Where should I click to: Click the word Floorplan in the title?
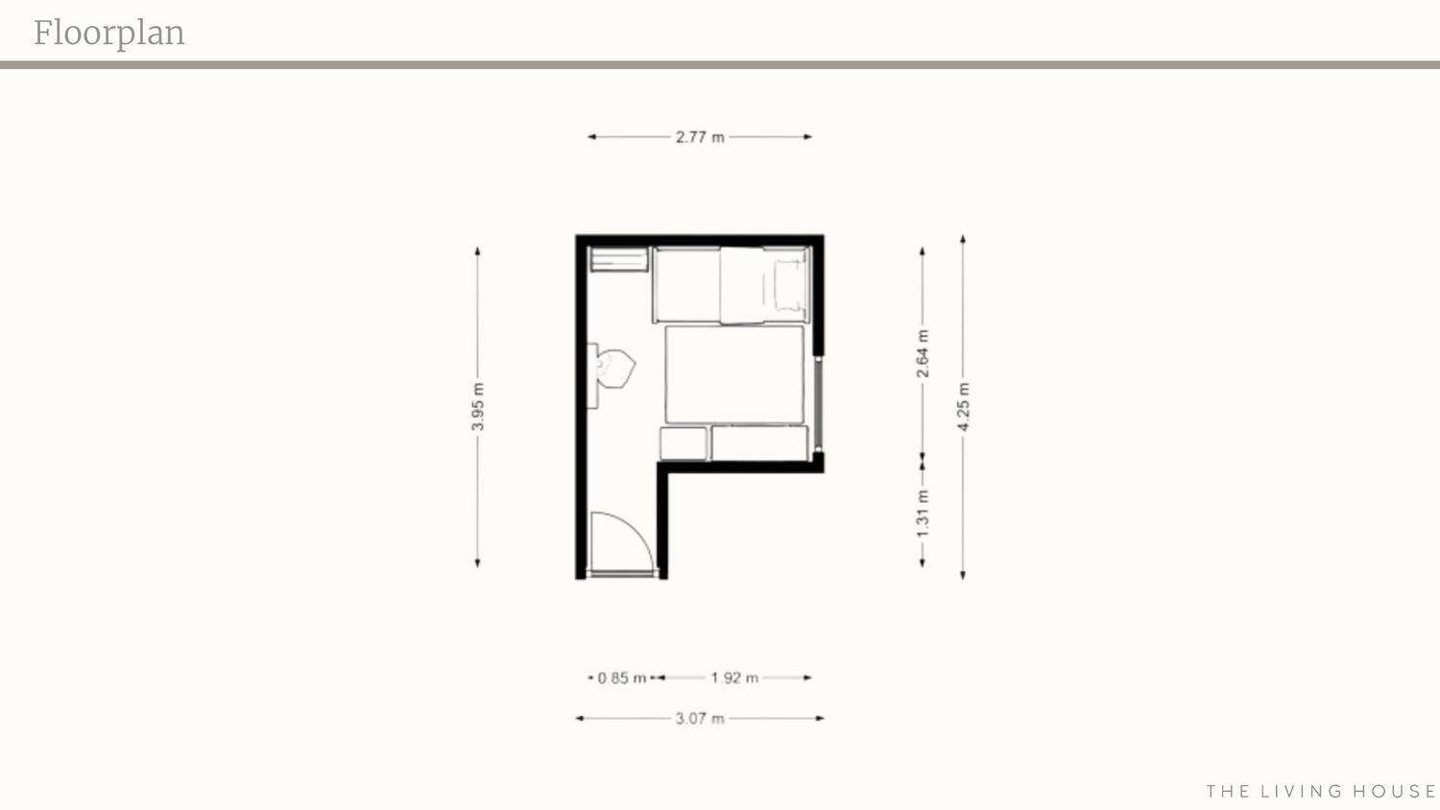pos(109,34)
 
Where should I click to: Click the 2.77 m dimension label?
pos(700,137)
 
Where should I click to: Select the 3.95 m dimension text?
pos(478,407)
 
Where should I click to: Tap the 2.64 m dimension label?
pos(923,353)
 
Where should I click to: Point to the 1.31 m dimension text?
pos(923,513)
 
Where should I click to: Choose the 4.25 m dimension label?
pos(963,407)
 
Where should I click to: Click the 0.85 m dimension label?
pos(622,678)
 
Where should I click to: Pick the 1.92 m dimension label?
pos(734,678)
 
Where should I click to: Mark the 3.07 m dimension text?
pos(700,718)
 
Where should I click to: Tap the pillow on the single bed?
pos(789,285)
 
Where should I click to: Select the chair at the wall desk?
pos(615,369)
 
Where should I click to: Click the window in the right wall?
pos(818,404)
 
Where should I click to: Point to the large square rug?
pos(734,374)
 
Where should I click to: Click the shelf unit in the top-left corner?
pos(619,259)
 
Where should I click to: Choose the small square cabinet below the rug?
pos(684,443)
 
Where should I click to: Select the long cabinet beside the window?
pos(759,443)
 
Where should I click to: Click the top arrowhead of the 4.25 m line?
pos(962,239)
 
